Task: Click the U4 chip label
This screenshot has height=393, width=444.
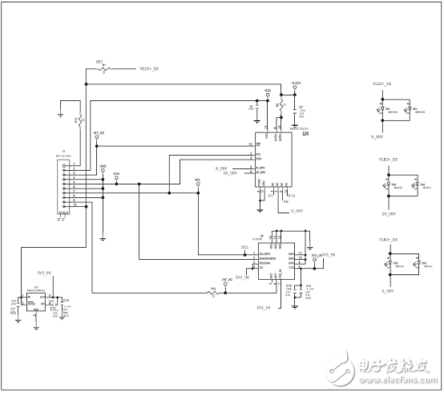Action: pos(305,135)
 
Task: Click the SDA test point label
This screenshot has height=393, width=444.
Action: pos(116,172)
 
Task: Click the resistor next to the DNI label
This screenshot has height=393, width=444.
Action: pos(103,69)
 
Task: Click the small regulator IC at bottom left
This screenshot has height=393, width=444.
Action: pos(35,300)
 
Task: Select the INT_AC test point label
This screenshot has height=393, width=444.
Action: pos(227,281)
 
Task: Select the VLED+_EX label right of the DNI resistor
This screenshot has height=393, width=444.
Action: pos(150,69)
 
